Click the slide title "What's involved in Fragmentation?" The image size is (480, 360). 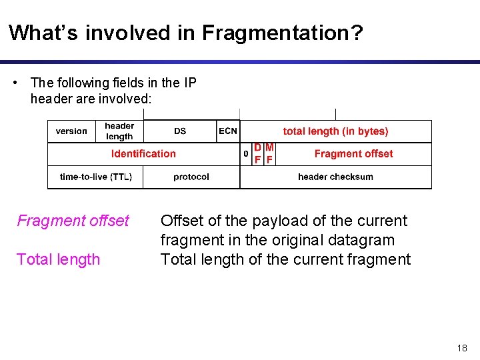click(186, 32)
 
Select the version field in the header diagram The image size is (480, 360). click(71, 131)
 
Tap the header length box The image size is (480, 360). click(119, 131)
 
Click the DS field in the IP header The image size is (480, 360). click(180, 131)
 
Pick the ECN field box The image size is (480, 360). click(228, 131)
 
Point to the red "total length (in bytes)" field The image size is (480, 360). click(335, 131)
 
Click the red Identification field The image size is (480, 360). click(143, 154)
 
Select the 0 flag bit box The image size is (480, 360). click(245, 154)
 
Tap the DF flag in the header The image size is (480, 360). click(257, 154)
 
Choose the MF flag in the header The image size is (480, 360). click(269, 154)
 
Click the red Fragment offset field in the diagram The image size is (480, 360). click(353, 154)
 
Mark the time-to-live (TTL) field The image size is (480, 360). click(95, 177)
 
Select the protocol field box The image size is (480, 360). click(191, 177)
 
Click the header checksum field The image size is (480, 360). click(335, 177)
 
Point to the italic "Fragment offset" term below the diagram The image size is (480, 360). click(73, 221)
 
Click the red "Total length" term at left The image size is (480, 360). click(58, 259)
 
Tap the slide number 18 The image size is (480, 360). click(463, 348)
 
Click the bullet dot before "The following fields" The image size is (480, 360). click(15, 83)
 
